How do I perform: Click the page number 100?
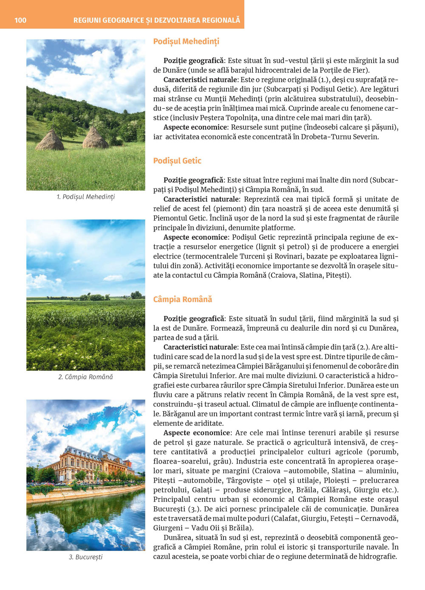coord(20,20)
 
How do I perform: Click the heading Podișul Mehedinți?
coord(186,42)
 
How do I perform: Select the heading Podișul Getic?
coord(177,161)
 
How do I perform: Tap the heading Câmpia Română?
coord(182,299)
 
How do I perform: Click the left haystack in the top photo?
coord(50,140)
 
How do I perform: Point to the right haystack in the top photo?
coord(94,138)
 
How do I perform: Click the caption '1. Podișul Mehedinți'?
coord(85,197)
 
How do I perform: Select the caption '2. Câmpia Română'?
coord(85,377)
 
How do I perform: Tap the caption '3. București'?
coord(85,557)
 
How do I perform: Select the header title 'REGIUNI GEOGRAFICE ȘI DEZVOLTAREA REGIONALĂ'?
coord(156,20)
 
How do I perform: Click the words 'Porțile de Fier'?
coord(342,70)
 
